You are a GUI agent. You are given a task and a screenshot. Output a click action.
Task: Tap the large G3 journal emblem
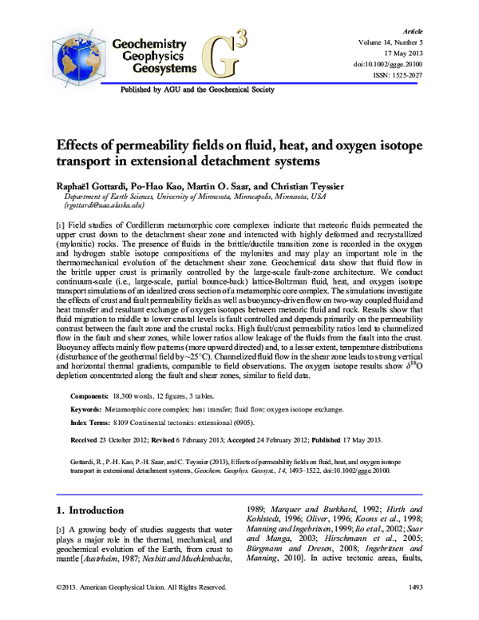tap(228, 53)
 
